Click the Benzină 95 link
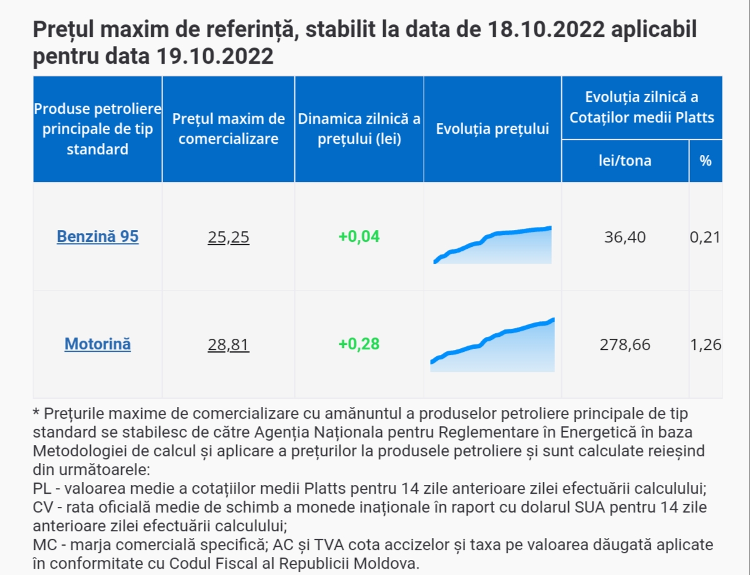[97, 237]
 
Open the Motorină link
[97, 344]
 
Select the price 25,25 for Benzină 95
[228, 237]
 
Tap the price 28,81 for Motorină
[228, 344]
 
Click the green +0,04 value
[359, 237]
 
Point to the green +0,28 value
[359, 344]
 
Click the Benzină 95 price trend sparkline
[492, 246]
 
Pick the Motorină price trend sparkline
[492, 347]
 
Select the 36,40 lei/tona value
[625, 237]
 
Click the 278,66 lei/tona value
[625, 344]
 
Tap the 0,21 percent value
[706, 237]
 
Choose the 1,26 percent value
[706, 344]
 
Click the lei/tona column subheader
[625, 161]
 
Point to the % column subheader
[706, 161]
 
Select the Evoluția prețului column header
[492, 129]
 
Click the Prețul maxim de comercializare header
[228, 129]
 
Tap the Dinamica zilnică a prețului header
[359, 129]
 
